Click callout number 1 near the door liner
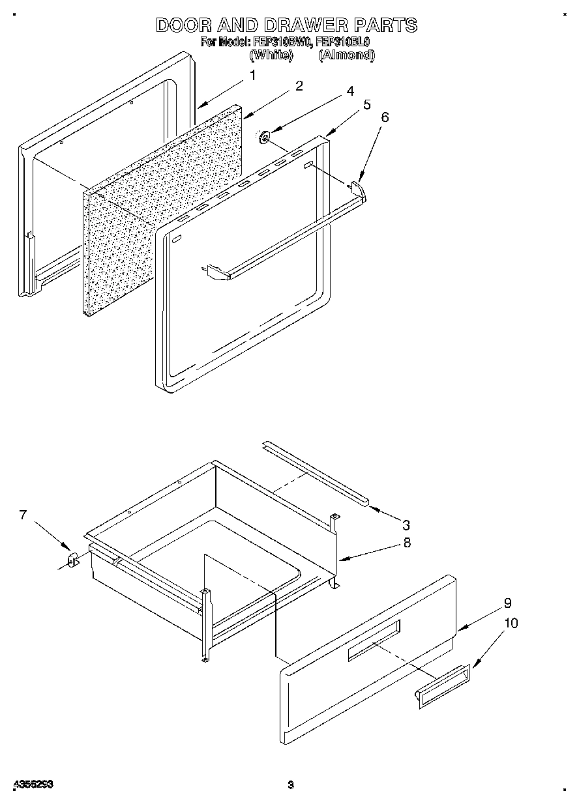point(252,76)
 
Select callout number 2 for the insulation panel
point(299,86)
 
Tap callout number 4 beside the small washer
point(350,91)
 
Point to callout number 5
point(367,104)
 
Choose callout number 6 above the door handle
point(385,117)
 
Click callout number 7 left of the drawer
point(23,515)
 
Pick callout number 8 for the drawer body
point(407,542)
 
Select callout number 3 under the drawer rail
point(406,524)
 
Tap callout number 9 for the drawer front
point(507,603)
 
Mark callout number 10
point(511,624)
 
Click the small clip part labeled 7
point(72,559)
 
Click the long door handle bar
point(287,241)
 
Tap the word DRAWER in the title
point(306,25)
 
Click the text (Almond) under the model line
point(346,55)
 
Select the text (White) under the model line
point(270,55)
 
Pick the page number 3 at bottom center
point(291,784)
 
